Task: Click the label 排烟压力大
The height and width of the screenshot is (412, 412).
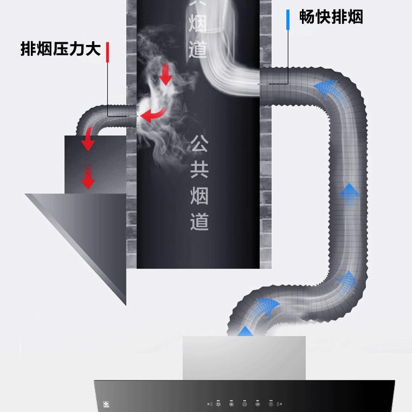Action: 61,49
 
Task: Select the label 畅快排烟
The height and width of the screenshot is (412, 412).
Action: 331,17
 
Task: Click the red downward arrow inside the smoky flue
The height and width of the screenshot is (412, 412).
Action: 166,74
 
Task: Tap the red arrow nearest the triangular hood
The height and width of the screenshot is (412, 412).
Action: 87,177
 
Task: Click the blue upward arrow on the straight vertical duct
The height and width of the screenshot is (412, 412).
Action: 350,192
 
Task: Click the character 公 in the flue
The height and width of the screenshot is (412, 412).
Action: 199,145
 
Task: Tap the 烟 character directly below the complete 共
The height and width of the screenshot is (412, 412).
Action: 199,196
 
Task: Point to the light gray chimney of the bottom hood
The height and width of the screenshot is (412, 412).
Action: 244,358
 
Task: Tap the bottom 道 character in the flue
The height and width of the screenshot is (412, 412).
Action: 199,221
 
